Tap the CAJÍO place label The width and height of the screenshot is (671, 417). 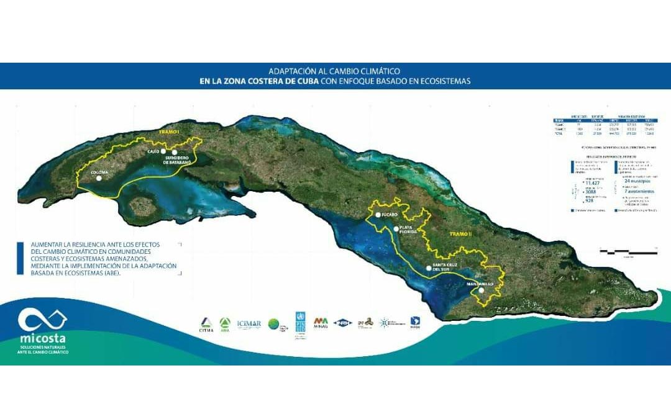pyautogui.click(x=153, y=151)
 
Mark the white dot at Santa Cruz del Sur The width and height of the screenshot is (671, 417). pyautogui.click(x=428, y=269)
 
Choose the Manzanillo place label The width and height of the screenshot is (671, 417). pyautogui.click(x=479, y=284)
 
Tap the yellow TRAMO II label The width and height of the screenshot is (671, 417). pyautogui.click(x=460, y=234)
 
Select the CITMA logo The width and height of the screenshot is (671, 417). pyautogui.click(x=206, y=325)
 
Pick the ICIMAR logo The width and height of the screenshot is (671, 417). pyautogui.click(x=245, y=323)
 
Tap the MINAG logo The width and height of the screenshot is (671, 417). pyautogui.click(x=321, y=323)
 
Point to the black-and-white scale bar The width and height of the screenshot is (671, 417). pyautogui.click(x=628, y=250)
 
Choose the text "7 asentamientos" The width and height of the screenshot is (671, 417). pyautogui.click(x=639, y=191)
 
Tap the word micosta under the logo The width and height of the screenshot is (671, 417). pyautogui.click(x=42, y=339)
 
